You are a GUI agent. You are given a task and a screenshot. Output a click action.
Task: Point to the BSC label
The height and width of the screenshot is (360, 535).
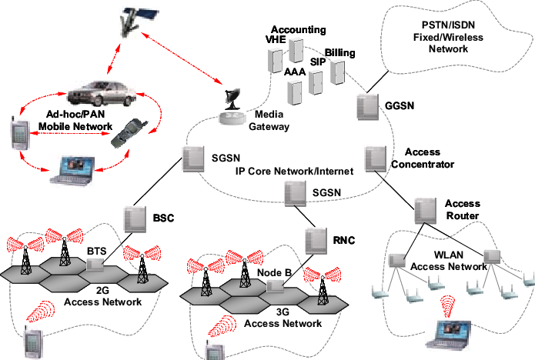164,218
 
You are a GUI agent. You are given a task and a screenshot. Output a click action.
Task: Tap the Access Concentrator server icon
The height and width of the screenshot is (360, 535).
374,158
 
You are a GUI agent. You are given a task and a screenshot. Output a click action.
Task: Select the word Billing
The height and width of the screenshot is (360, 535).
339,52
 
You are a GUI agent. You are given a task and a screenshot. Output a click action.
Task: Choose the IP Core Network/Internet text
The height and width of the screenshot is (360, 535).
294,171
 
